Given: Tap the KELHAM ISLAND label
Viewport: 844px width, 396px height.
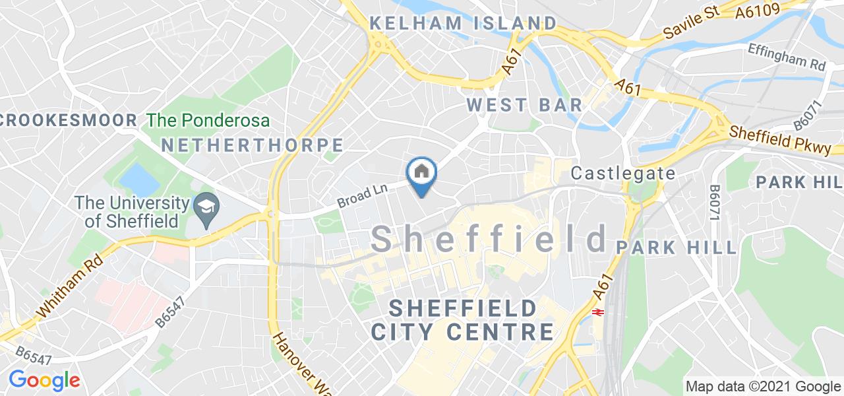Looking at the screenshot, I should pos(462,23).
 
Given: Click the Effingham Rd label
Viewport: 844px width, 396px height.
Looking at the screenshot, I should pos(787,57).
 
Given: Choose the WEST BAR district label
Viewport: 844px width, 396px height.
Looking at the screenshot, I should pos(524,104).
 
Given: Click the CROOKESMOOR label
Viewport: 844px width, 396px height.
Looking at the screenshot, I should pos(69,120).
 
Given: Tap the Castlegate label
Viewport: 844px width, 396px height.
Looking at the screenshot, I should pos(623,174).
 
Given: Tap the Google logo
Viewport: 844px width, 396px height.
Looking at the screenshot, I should pos(44,380).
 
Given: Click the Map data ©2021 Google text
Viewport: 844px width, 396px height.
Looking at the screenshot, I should pos(763,386).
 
